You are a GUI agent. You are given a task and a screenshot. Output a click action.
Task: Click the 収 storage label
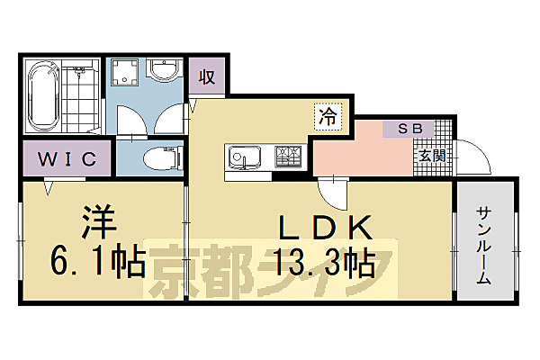tap(207, 76)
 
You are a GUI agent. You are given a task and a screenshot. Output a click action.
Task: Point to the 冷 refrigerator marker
tap(327, 116)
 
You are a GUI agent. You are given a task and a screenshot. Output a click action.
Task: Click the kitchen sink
tap(244, 157)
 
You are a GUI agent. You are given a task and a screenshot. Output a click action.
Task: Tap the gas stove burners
tap(288, 156)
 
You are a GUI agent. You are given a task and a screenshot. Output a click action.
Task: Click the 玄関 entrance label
tap(428, 154)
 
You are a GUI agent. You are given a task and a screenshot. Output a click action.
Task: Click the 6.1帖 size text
tap(98, 262)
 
